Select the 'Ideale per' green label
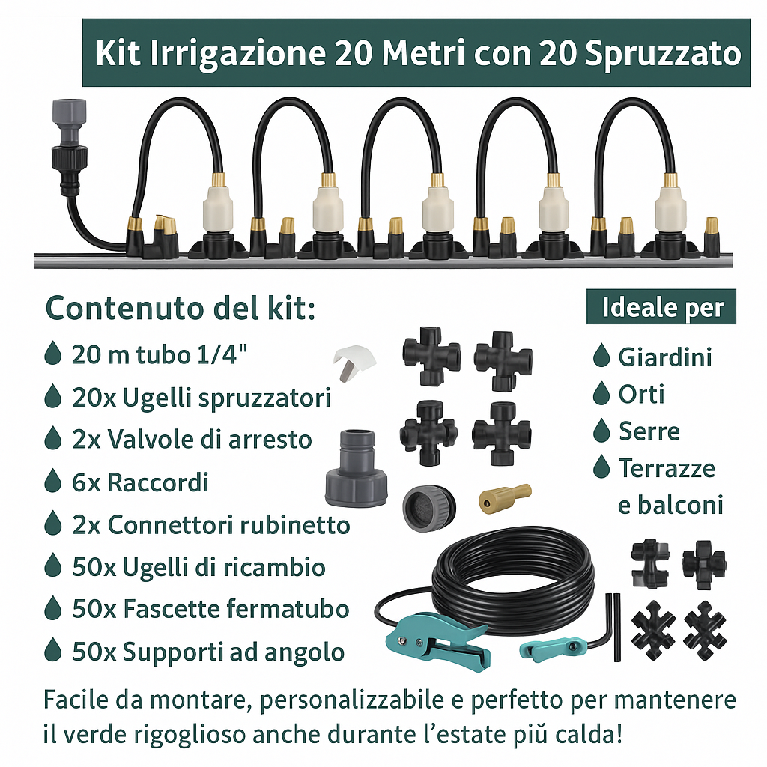tap(662, 308)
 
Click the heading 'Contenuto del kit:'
tap(181, 308)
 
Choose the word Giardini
tap(664, 357)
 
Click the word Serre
tap(649, 431)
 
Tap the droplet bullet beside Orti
tap(601, 393)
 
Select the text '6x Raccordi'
tap(140, 482)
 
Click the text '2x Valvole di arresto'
tap(192, 439)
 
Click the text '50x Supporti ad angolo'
tap(208, 652)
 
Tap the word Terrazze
tap(667, 469)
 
